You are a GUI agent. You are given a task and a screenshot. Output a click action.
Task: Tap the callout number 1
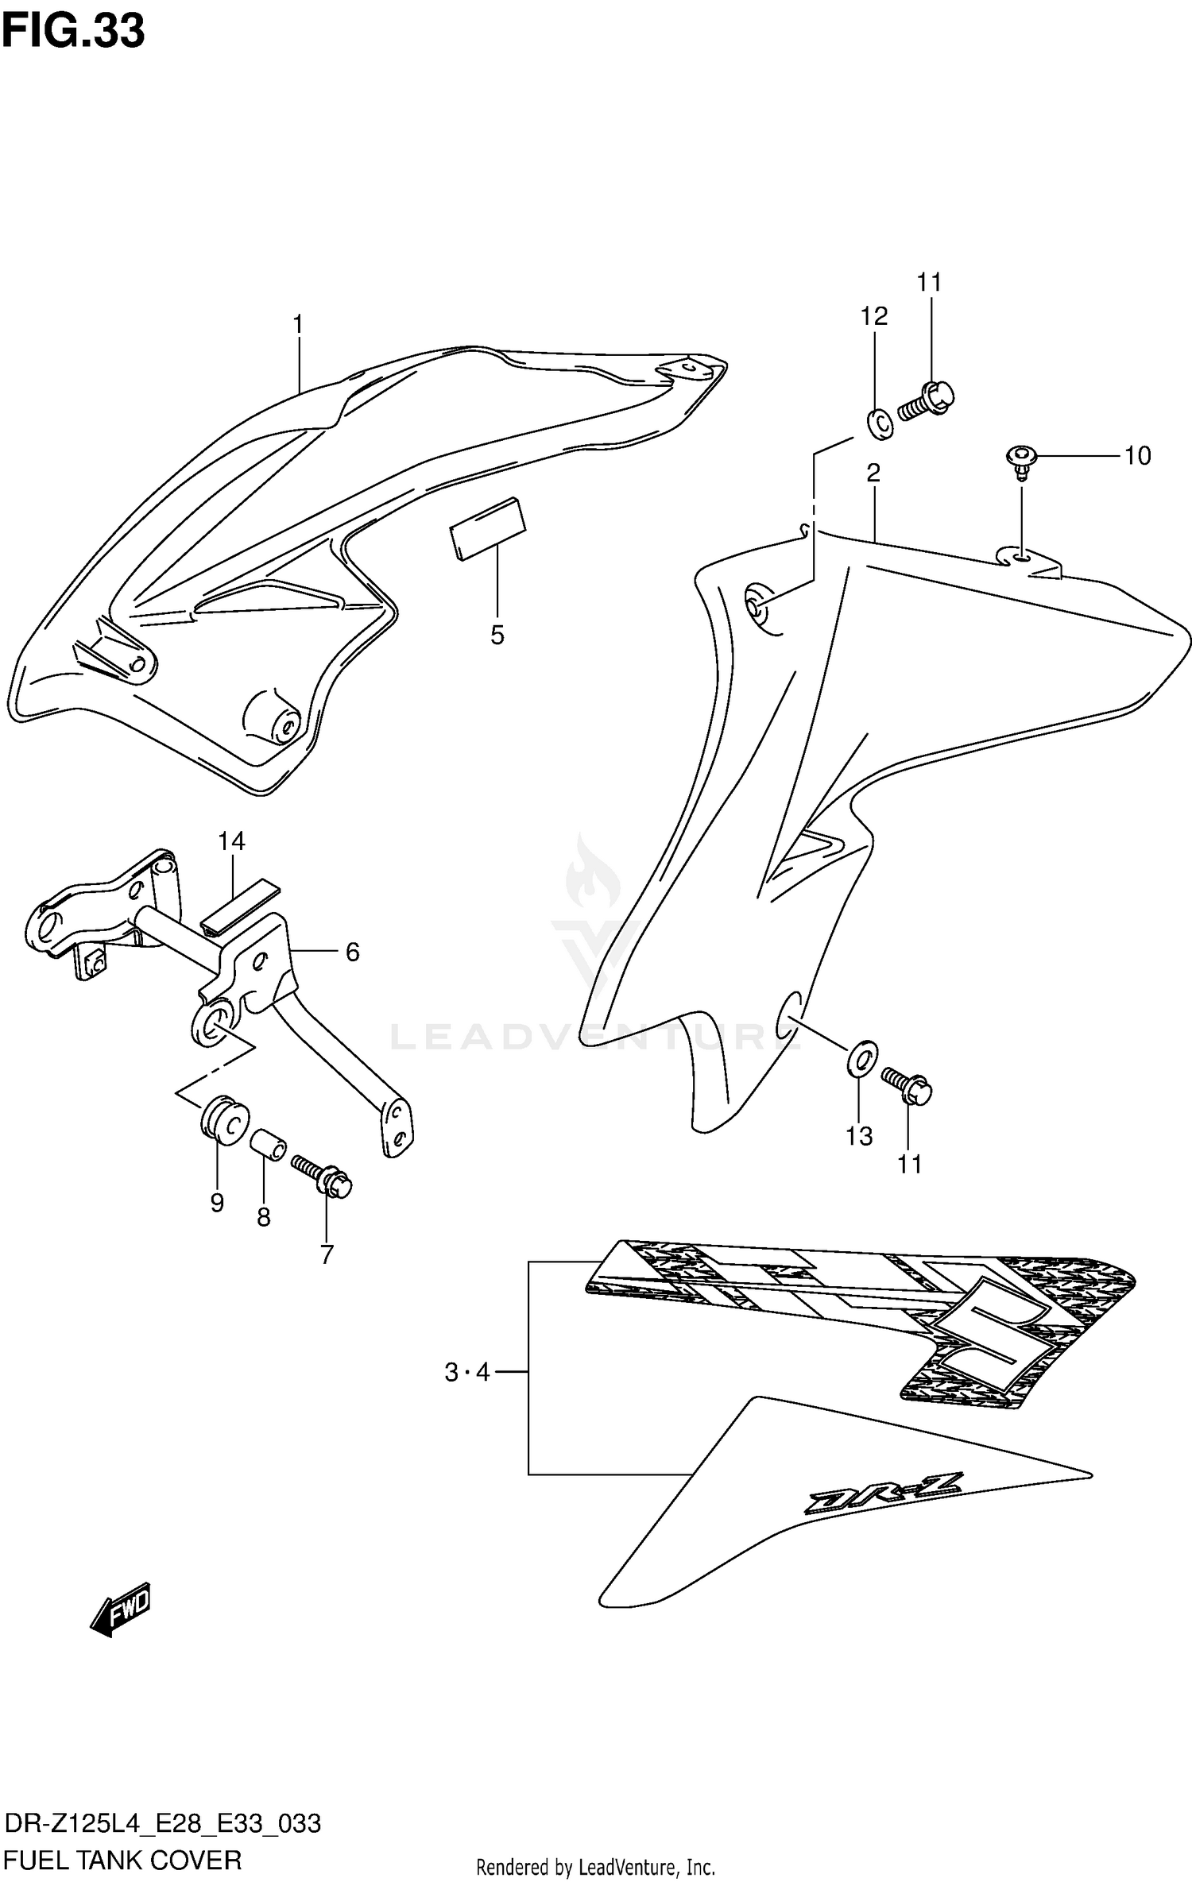[x=298, y=324]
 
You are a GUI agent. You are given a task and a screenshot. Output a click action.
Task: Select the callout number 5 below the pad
[x=497, y=635]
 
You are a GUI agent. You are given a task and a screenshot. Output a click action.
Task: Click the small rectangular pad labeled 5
[x=488, y=528]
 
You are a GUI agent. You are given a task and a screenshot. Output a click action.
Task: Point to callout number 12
[x=873, y=316]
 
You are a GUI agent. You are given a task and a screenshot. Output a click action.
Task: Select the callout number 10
[x=1137, y=455]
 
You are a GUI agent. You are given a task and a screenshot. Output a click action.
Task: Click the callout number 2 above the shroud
[x=873, y=473]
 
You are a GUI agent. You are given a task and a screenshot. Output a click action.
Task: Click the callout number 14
[x=231, y=841]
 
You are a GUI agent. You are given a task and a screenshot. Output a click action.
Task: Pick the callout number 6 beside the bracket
[x=352, y=951]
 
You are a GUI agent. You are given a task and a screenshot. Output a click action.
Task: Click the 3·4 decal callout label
[x=467, y=1372]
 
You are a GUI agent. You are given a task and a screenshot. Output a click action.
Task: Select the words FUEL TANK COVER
[x=123, y=1859]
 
